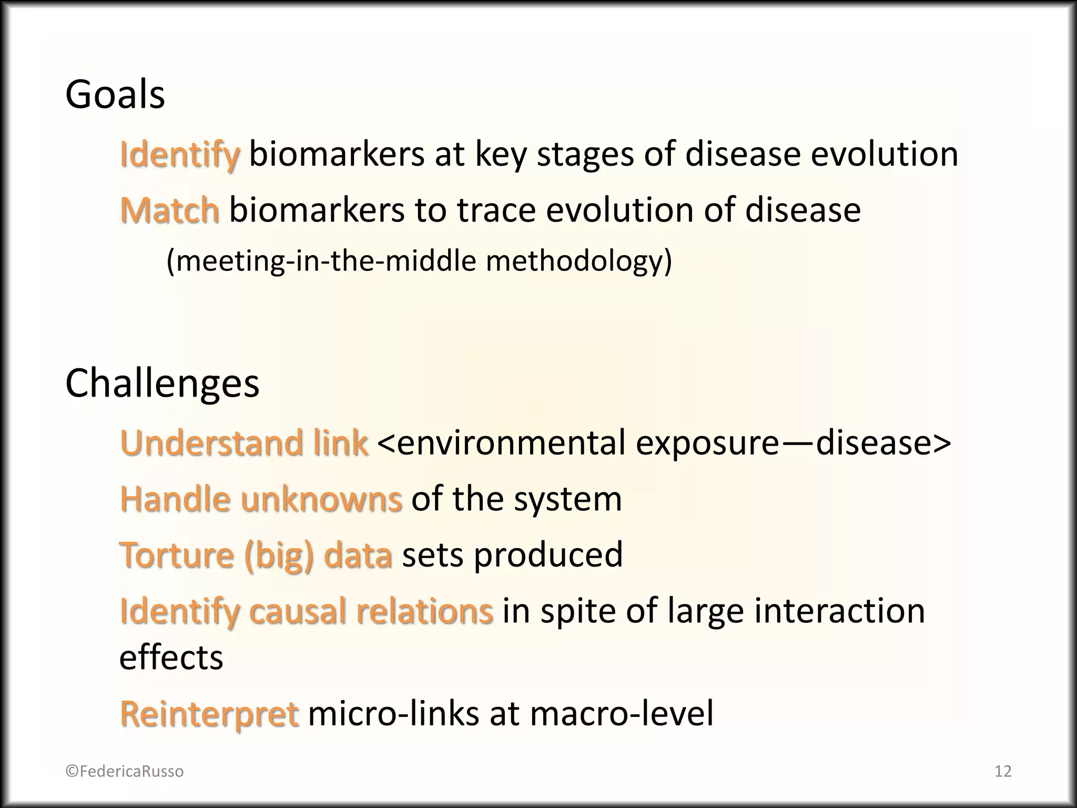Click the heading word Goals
[115, 95]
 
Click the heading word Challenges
[162, 383]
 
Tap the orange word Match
[169, 210]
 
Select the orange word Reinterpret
[209, 713]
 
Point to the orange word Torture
[177, 554]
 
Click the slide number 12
[1003, 771]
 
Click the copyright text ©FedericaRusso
[125, 771]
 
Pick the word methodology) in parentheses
[578, 261]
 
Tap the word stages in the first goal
[585, 154]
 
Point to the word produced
[548, 554]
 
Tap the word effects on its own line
[171, 658]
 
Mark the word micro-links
[393, 713]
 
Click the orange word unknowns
[321, 499]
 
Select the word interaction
[839, 611]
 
